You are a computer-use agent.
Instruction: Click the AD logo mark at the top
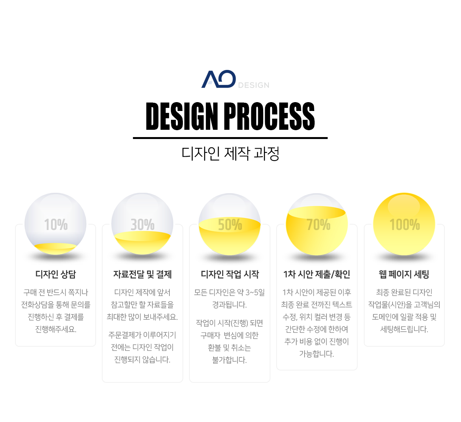[219, 79]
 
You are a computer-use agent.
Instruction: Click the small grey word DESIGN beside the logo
[254, 85]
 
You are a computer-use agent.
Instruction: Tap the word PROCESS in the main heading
[269, 116]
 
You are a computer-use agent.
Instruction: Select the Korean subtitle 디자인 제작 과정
[230, 154]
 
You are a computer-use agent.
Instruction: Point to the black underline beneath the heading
[230, 138]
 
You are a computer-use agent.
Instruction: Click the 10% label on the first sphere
[56, 225]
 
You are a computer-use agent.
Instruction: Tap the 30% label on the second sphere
[143, 225]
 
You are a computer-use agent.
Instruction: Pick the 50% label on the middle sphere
[230, 225]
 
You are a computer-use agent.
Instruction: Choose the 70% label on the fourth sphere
[318, 225]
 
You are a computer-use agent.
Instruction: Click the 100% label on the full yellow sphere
[405, 225]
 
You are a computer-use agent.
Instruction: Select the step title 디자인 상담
[56, 274]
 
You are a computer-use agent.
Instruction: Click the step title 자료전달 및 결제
[143, 274]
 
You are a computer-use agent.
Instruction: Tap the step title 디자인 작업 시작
[230, 274]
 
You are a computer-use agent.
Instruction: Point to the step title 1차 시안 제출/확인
[317, 274]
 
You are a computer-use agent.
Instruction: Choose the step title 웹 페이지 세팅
[404, 274]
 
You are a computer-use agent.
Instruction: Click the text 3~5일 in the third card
[255, 293]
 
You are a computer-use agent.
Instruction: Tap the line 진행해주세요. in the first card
[56, 329]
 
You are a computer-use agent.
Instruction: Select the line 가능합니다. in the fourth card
[317, 354]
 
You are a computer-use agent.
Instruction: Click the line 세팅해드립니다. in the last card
[404, 329]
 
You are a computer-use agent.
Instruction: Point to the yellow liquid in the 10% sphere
[55, 248]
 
